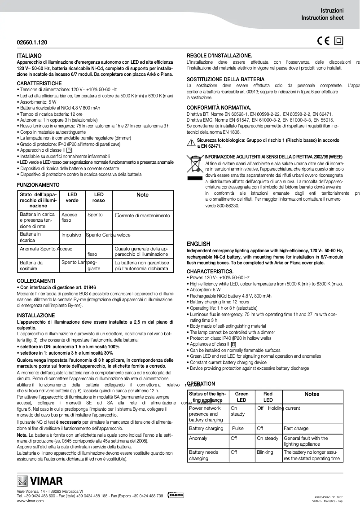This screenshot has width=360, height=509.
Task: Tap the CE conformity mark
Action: tap(323, 41)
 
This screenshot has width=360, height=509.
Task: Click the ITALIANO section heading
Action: tap(29, 55)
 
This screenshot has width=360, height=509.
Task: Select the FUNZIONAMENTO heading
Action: tap(38, 185)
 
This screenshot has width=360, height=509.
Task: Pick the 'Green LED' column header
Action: tap(241, 397)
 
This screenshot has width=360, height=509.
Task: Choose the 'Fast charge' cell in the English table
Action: tap(296, 429)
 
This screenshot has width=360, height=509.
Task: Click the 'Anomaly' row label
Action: tap(198, 438)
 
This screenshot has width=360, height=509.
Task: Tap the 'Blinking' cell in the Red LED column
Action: tap(265, 452)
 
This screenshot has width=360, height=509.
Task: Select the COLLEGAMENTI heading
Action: tap(36, 281)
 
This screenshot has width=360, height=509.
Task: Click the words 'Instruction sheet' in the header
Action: tap(322, 18)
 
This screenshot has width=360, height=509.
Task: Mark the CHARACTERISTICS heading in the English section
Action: tap(210, 272)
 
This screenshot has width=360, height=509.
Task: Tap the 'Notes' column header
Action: tap(312, 394)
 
